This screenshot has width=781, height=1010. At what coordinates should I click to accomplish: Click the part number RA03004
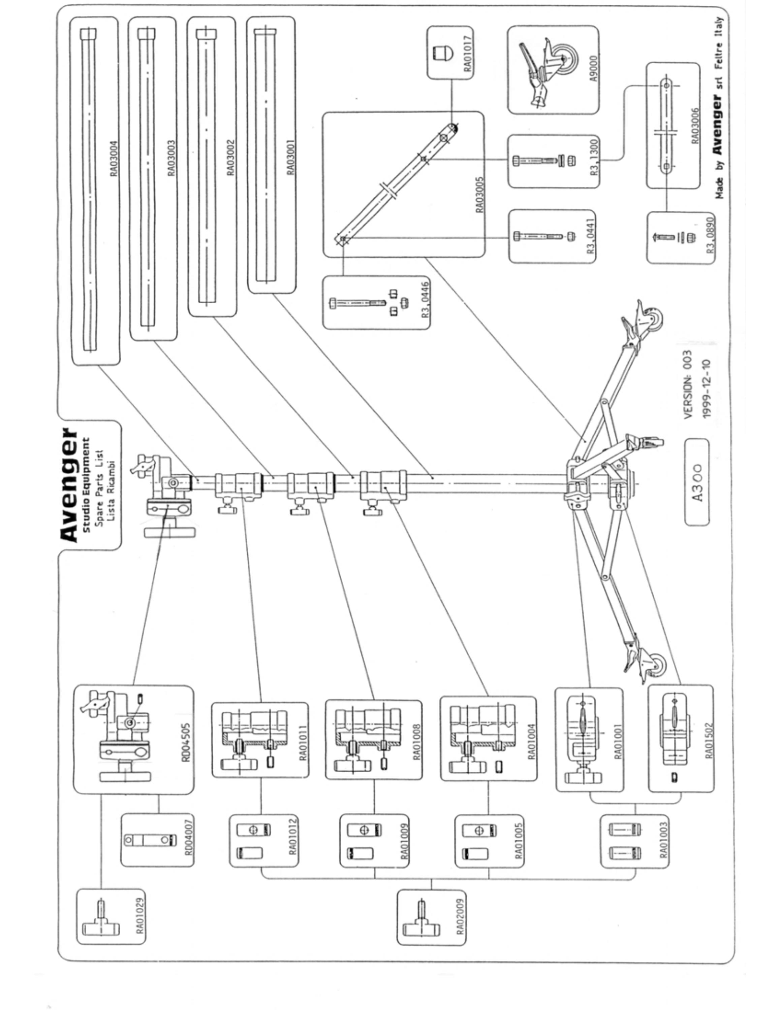coord(114,159)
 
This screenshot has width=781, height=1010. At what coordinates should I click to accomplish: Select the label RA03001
coord(290,157)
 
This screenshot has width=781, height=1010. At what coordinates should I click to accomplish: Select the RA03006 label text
coord(694,126)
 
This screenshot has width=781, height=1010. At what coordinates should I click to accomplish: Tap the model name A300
coord(697,482)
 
